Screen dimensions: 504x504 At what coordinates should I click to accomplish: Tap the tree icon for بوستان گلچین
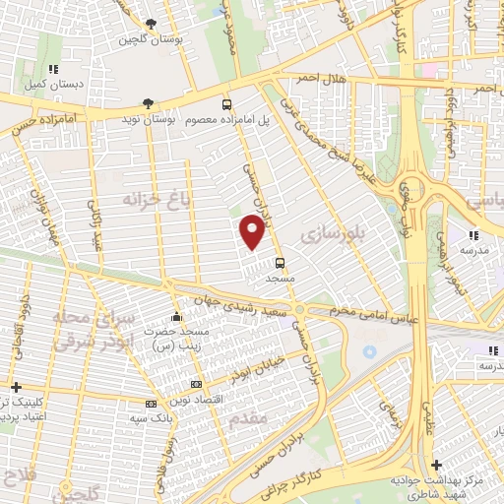[150, 25]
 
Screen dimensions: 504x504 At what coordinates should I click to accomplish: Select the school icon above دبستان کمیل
[53, 69]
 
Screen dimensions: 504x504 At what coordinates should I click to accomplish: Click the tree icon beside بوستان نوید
[148, 102]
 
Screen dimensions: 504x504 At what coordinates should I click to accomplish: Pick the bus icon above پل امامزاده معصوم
[227, 103]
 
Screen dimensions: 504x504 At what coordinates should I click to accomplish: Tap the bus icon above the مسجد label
[281, 263]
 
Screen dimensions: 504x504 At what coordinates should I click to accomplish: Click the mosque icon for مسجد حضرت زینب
[176, 317]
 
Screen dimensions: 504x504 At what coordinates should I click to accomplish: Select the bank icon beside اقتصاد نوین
[196, 383]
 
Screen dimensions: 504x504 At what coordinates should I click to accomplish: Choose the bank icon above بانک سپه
[151, 404]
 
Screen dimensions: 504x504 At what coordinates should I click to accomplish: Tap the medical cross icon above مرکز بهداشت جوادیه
[436, 464]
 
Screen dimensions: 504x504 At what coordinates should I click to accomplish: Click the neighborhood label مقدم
[247, 418]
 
